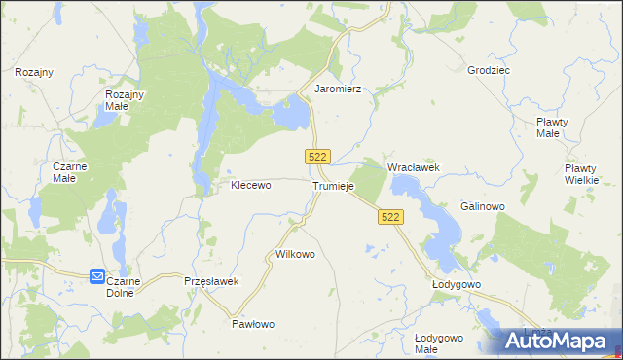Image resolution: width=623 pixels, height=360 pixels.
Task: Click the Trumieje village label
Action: click(x=334, y=186)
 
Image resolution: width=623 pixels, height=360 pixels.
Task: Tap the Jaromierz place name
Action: click(x=338, y=89)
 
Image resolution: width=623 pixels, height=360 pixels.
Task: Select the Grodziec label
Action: click(x=489, y=71)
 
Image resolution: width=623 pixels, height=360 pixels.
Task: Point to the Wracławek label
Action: click(x=414, y=167)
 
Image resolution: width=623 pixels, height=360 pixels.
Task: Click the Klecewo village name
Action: click(x=250, y=184)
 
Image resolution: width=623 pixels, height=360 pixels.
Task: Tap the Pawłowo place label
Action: click(x=254, y=324)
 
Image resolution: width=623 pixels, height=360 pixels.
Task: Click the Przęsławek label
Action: click(x=211, y=281)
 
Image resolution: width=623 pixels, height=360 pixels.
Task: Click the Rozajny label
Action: click(x=34, y=72)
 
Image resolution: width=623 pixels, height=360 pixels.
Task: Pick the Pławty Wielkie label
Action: click(x=587, y=174)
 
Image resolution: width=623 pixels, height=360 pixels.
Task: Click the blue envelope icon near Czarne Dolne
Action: click(x=97, y=277)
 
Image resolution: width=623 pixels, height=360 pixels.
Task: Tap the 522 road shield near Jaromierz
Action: click(x=318, y=157)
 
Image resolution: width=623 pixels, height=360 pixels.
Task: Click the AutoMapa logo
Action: click(x=561, y=341)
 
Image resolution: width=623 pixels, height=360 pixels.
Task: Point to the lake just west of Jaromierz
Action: click(x=289, y=116)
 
